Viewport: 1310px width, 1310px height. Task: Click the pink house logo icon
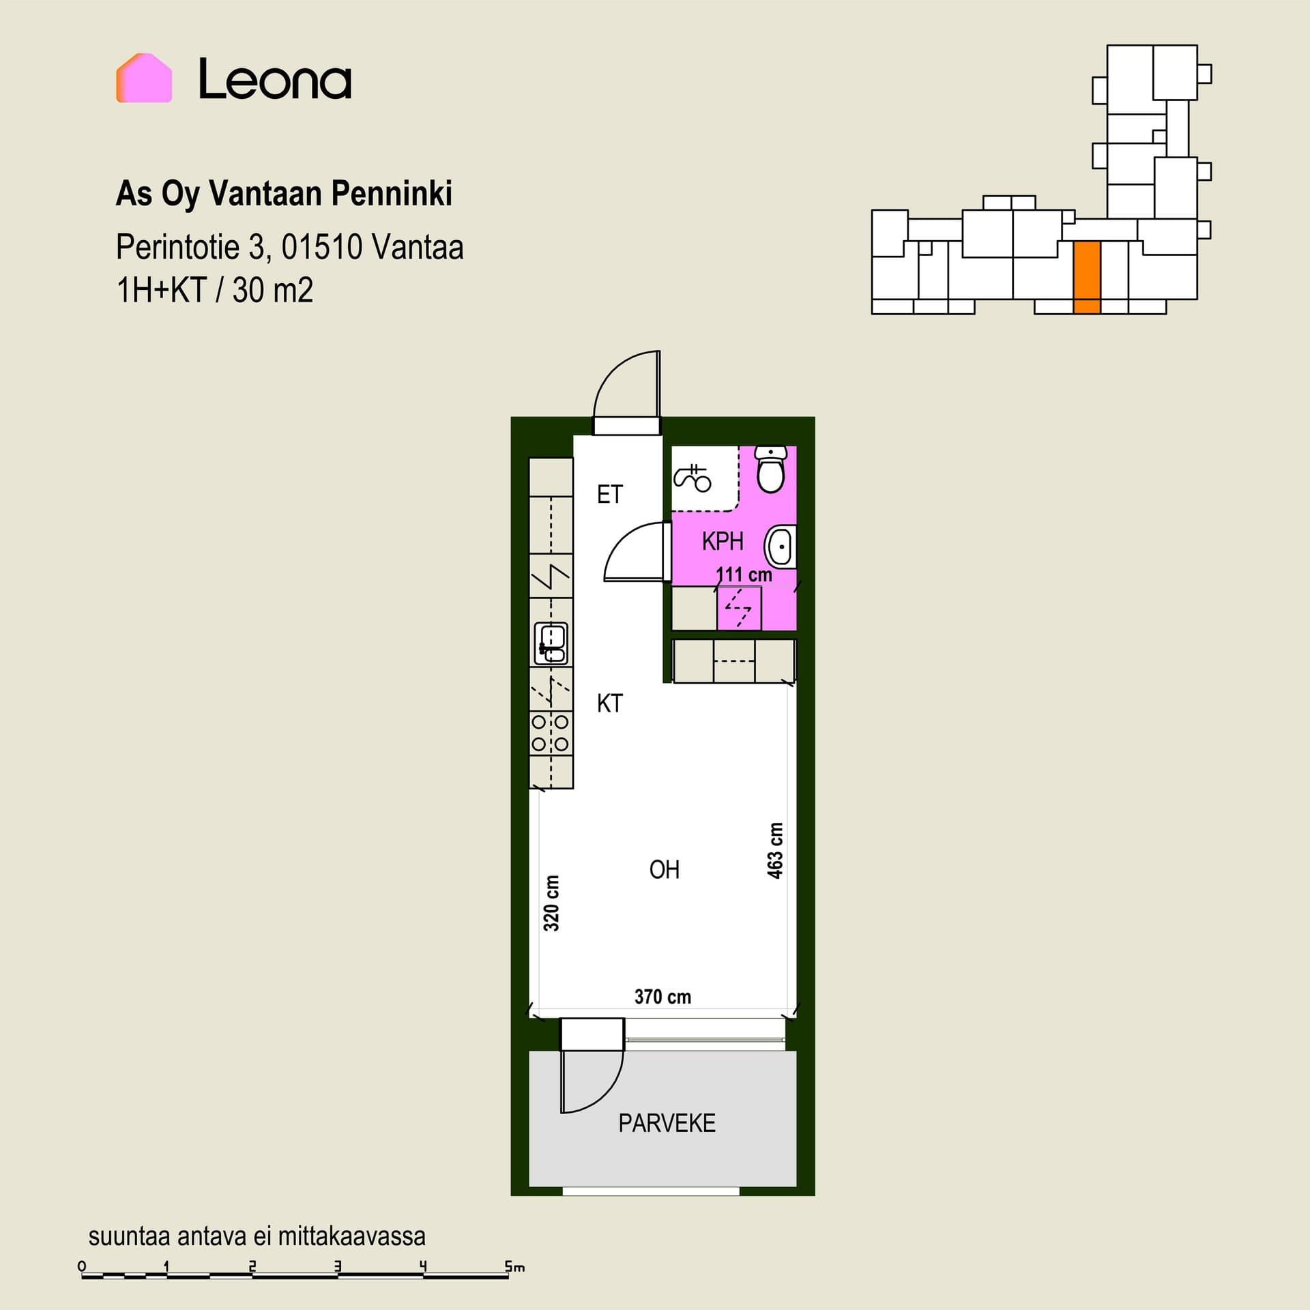pos(144,78)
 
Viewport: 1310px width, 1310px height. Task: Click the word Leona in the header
pos(275,79)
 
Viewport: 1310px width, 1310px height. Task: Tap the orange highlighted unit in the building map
pos(1087,278)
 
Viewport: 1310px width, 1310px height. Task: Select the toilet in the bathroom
pos(772,469)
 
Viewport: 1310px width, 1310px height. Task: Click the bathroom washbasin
pos(781,546)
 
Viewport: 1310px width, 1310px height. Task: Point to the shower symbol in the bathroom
pos(693,478)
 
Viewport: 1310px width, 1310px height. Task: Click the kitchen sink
pos(551,643)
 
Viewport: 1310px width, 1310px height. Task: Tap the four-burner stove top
pos(551,732)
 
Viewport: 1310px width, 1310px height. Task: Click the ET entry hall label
pos(609,494)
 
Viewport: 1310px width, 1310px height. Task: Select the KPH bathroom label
pos(722,541)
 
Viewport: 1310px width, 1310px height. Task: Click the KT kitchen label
pos(609,703)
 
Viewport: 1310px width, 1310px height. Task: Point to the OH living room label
pos(664,869)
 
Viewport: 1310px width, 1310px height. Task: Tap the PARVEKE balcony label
pos(667,1123)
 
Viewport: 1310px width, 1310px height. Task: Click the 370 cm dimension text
pos(663,997)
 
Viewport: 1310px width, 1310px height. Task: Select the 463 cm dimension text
pos(775,851)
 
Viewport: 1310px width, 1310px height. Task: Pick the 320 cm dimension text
pos(551,903)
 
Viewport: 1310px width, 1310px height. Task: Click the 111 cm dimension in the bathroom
pos(744,574)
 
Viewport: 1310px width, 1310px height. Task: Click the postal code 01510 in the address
pos(322,247)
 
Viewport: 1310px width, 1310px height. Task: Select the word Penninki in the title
pos(392,194)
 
